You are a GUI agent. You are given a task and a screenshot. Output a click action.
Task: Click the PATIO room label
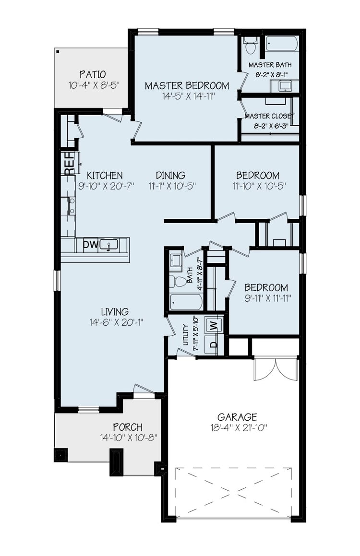click(93, 75)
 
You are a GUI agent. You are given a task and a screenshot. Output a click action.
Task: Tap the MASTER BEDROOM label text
click(187, 86)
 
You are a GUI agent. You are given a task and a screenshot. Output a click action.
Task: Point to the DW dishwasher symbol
click(90, 245)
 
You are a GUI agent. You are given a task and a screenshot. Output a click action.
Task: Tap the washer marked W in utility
click(213, 325)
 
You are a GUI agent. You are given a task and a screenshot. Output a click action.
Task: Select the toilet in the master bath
click(250, 46)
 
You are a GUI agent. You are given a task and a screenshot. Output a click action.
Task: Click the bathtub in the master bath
click(282, 44)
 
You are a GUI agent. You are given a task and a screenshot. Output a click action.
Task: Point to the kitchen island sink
click(109, 245)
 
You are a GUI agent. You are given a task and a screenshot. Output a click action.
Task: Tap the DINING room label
click(170, 176)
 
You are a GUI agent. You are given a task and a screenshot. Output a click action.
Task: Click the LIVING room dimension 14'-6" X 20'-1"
click(117, 322)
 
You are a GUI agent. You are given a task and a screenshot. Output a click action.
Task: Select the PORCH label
click(127, 427)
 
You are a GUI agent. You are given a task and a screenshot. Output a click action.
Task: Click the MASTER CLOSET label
click(269, 116)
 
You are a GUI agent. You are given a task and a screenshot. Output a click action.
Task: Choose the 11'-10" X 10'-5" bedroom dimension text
click(257, 185)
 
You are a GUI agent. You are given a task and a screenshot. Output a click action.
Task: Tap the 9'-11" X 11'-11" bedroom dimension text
click(266, 298)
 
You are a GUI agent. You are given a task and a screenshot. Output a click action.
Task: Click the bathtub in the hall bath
click(186, 302)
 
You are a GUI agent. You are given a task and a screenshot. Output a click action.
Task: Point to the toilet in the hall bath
click(179, 281)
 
